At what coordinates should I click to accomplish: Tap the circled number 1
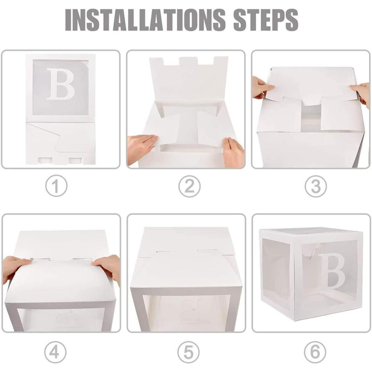tap(56, 186)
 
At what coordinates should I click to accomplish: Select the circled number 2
tap(189, 186)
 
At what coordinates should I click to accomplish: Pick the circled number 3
tap(315, 186)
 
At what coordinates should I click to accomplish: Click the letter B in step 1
tap(60, 84)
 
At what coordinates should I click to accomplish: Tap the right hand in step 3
tap(361, 92)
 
